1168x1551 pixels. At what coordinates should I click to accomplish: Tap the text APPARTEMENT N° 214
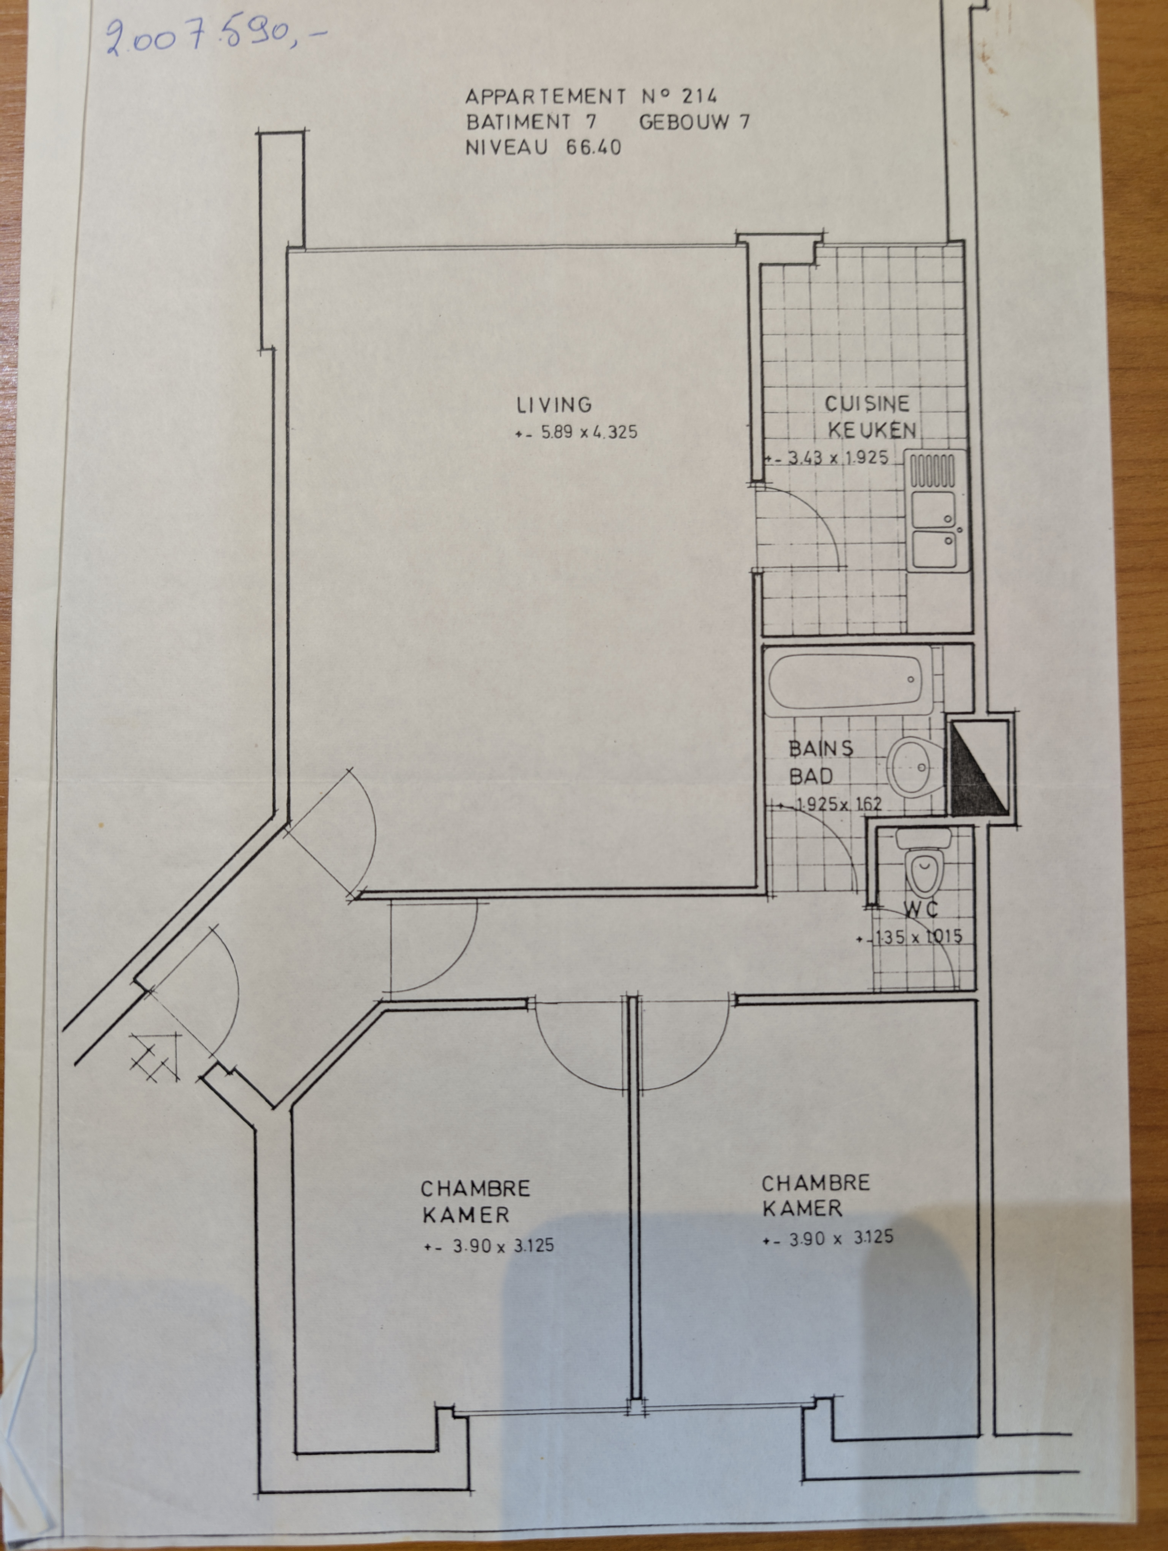[591, 95]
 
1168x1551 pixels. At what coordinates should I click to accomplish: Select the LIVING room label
[554, 405]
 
